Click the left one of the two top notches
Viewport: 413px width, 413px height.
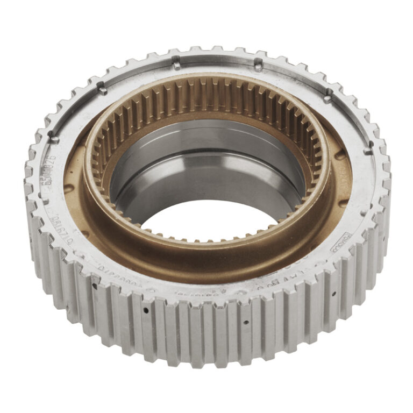coord(176,65)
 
